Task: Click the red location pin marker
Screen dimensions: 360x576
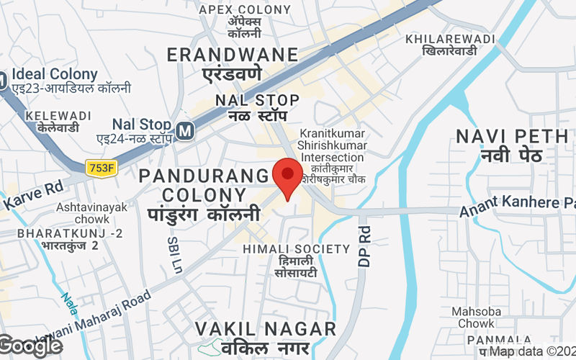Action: [x=289, y=177]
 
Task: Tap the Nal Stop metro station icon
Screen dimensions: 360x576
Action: [x=186, y=130]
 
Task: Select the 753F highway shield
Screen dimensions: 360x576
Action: [x=101, y=168]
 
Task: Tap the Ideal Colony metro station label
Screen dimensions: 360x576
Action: [x=55, y=74]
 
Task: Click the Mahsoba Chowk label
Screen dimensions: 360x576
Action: [x=473, y=318]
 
